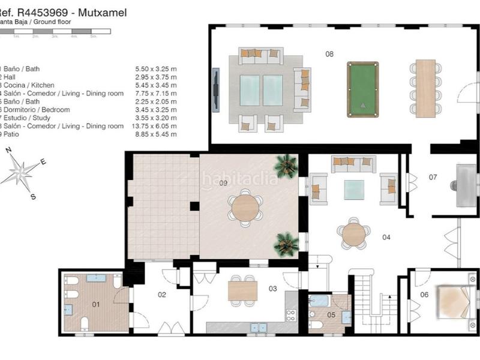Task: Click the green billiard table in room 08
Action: pos(363,89)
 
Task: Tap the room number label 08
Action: pos(329,54)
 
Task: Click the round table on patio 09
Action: pos(245,208)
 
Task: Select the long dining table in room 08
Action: pos(425,88)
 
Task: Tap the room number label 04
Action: pos(386,237)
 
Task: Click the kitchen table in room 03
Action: pos(243,291)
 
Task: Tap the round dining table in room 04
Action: pos(354,234)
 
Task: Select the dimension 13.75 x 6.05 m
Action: pos(156,126)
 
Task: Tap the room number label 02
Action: pos(161,295)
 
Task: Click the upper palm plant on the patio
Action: pos(287,165)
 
